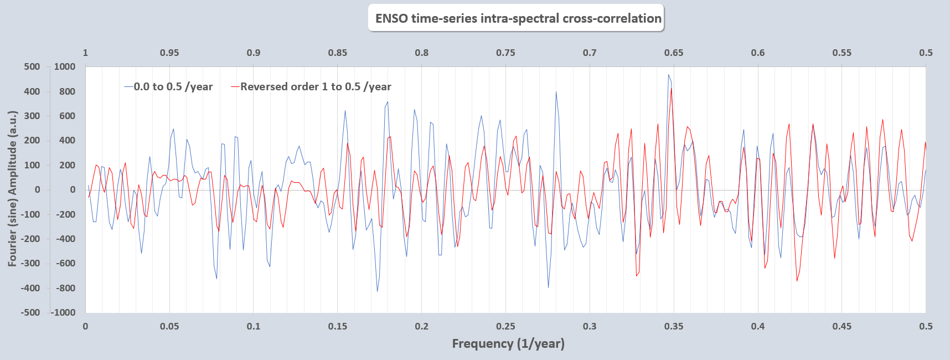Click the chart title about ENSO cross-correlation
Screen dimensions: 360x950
point(518,18)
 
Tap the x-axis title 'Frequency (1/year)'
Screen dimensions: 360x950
point(508,343)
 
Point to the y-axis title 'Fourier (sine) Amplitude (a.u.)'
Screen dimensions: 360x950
point(12,188)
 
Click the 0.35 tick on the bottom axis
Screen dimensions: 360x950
point(674,326)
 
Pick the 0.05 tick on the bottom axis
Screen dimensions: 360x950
point(169,326)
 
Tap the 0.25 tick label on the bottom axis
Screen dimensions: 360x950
point(505,326)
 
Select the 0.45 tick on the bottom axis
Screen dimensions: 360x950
point(842,326)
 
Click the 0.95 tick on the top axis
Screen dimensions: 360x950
point(169,53)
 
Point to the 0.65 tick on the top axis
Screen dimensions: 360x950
point(674,53)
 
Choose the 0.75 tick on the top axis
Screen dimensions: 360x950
point(505,53)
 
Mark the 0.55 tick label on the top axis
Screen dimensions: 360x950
point(842,53)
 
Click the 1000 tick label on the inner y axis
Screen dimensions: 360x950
point(64,67)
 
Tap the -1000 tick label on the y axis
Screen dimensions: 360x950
point(63,312)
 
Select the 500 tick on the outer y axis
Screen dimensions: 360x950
point(32,67)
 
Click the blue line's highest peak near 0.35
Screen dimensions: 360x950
point(668,75)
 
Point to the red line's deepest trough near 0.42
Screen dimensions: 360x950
point(797,281)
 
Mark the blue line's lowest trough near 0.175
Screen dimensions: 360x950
point(378,291)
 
